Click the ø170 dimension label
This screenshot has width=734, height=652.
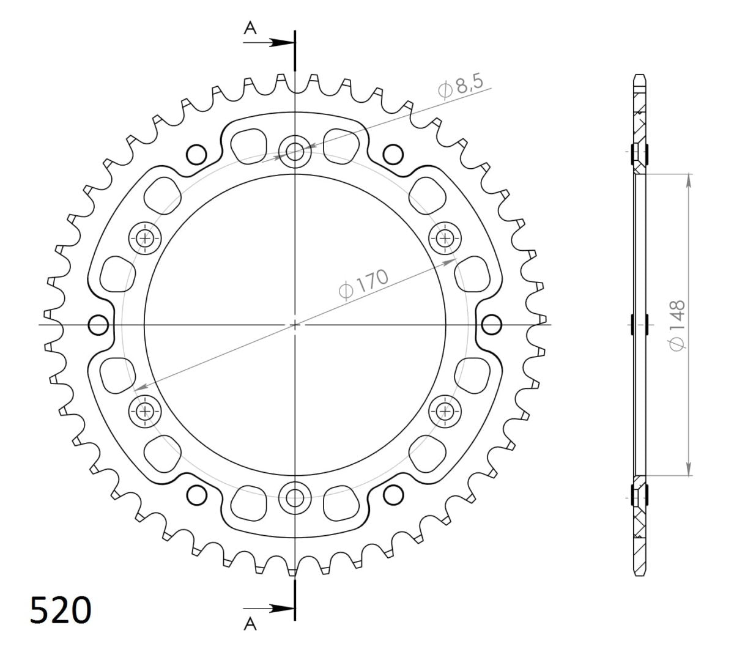[x=363, y=284]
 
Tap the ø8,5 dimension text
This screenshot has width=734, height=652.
[x=461, y=86]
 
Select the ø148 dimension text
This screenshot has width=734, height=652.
[x=677, y=325]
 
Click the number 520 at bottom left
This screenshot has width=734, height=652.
[x=60, y=610]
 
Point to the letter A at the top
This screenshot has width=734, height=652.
[x=250, y=28]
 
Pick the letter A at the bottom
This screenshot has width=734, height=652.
[x=250, y=624]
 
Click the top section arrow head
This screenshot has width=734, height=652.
[x=283, y=43]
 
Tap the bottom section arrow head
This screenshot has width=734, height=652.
[x=283, y=609]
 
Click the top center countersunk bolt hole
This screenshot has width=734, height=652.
[x=295, y=152]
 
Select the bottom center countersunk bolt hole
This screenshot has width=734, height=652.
[x=295, y=498]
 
